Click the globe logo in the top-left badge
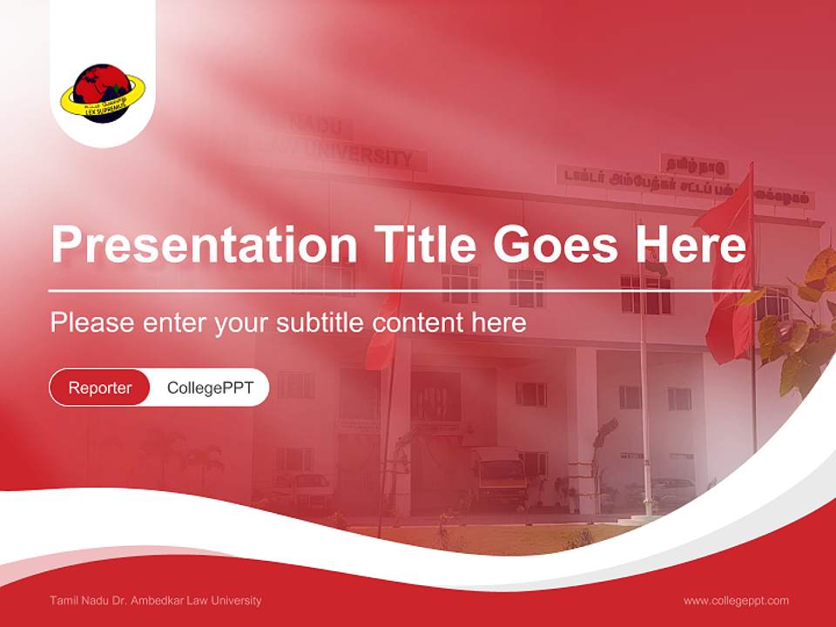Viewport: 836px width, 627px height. pos(102,91)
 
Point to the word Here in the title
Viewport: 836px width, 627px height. pos(691,245)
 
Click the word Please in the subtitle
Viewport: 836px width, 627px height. pos(92,323)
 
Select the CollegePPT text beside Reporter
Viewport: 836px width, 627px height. pos(210,388)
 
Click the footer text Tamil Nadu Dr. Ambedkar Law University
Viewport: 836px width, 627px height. pos(156,600)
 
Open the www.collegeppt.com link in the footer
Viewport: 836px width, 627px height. pos(736,600)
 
